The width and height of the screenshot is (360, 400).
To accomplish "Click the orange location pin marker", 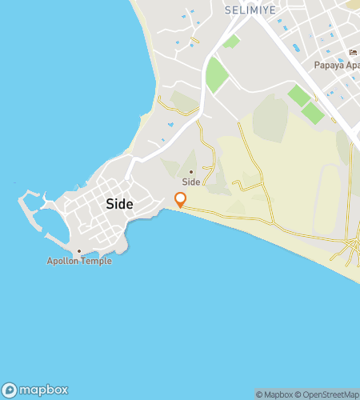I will click(x=181, y=200).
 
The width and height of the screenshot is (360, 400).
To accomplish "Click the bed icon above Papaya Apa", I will click(x=352, y=53).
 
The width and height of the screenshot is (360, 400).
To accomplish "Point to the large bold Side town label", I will click(x=119, y=204).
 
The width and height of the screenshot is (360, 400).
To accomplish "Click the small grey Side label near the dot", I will click(x=190, y=182).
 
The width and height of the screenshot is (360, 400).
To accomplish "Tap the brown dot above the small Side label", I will click(x=190, y=171).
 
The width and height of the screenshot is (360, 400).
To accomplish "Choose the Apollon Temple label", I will click(x=78, y=262).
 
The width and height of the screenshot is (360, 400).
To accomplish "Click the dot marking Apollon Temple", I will click(x=78, y=251).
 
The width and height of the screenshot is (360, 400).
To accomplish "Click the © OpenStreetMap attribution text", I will click(x=328, y=394).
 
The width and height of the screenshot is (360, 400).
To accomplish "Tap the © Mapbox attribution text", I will click(x=274, y=394).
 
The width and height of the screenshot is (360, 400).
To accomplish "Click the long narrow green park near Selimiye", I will click(x=216, y=74).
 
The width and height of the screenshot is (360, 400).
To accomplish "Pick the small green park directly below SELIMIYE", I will click(x=231, y=41).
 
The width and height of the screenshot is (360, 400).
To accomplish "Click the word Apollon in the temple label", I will click(x=62, y=262).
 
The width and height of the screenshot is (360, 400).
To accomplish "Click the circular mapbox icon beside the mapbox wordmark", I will click(x=10, y=390).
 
